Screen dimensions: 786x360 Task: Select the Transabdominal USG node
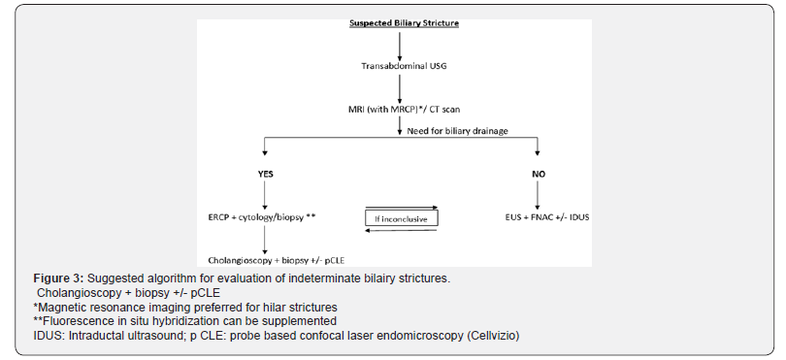[400, 65]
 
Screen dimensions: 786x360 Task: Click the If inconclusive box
[403, 218]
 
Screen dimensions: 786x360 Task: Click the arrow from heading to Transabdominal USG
[399, 43]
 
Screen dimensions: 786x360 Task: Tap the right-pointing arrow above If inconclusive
[402, 206]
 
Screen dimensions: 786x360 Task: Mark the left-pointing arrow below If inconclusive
[402, 231]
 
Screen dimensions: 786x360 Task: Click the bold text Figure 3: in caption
[53, 279]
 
